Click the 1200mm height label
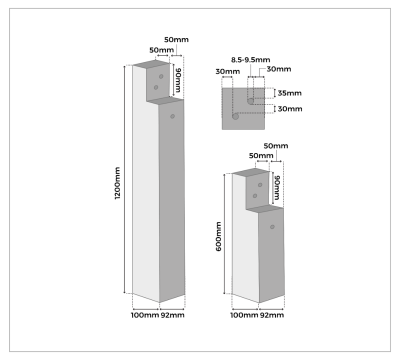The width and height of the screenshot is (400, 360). click(x=118, y=182)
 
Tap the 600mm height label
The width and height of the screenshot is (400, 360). click(x=218, y=237)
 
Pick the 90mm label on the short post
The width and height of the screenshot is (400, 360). click(x=277, y=186)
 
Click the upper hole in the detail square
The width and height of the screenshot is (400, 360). click(x=249, y=100)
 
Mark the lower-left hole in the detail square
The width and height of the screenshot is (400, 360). click(x=235, y=116)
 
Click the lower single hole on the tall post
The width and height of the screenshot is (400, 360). click(x=175, y=116)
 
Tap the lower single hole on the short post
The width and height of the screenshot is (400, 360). click(x=272, y=225)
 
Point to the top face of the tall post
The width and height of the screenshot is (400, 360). click(x=149, y=64)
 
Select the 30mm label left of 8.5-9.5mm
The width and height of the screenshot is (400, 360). click(x=227, y=71)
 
